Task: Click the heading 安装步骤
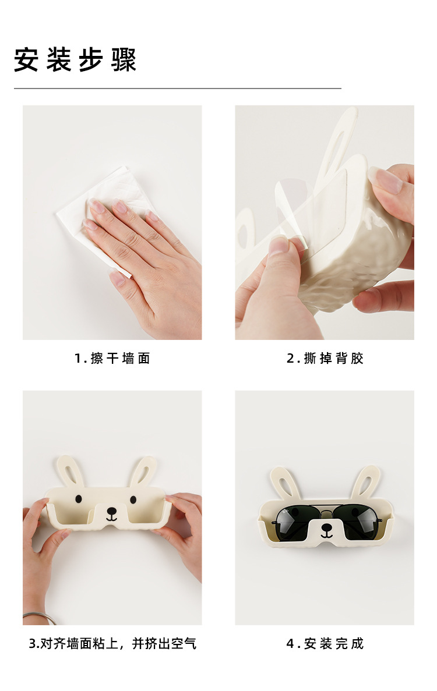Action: [75, 59]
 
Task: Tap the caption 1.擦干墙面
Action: [112, 358]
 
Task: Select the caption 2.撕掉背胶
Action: [325, 358]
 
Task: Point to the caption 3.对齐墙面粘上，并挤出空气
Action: [112, 643]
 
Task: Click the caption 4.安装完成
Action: [325, 643]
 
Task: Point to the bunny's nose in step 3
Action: [111, 511]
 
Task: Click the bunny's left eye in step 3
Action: [79, 499]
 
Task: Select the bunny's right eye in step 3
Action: [133, 499]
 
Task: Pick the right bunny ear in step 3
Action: [144, 472]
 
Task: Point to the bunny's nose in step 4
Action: [327, 527]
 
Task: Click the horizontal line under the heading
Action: [178, 88]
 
